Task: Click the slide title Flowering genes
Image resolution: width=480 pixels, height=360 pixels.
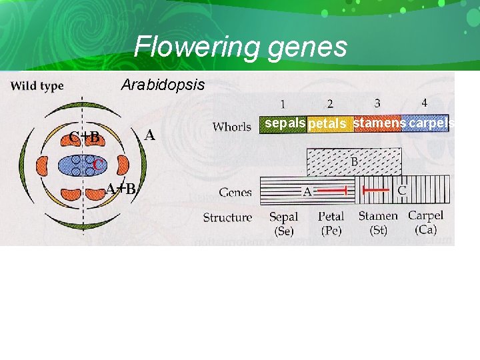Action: pyautogui.click(x=240, y=47)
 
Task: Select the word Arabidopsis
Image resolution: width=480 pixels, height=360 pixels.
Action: pyautogui.click(x=163, y=86)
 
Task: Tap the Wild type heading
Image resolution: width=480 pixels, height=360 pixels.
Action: pyautogui.click(x=37, y=85)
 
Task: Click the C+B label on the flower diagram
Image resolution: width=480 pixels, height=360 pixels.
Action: pyautogui.click(x=85, y=137)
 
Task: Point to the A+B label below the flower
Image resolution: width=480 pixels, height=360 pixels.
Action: pyautogui.click(x=121, y=189)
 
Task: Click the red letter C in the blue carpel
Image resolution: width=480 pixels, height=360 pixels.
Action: pyautogui.click(x=97, y=164)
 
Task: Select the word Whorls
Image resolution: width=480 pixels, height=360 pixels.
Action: pyautogui.click(x=231, y=126)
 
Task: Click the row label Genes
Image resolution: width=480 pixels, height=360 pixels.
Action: pyautogui.click(x=235, y=193)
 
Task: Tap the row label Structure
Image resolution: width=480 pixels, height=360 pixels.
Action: pyautogui.click(x=227, y=217)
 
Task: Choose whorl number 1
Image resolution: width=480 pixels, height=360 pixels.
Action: pyautogui.click(x=283, y=104)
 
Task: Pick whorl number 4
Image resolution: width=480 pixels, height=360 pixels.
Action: pyautogui.click(x=425, y=103)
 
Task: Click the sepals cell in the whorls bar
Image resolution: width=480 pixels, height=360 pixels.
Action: pyautogui.click(x=284, y=123)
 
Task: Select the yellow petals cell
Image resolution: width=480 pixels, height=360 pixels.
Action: pyautogui.click(x=329, y=124)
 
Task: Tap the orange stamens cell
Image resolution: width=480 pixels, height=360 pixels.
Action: pyautogui.click(x=379, y=123)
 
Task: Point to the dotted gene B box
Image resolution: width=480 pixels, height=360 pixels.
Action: pyautogui.click(x=353, y=161)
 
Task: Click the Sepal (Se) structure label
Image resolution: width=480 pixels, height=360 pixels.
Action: pyautogui.click(x=284, y=223)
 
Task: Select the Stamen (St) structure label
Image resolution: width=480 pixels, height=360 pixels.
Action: pyautogui.click(x=377, y=223)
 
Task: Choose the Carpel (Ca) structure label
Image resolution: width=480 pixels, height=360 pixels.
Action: pyautogui.click(x=425, y=223)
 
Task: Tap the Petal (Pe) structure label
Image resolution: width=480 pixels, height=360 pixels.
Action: pyautogui.click(x=331, y=223)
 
